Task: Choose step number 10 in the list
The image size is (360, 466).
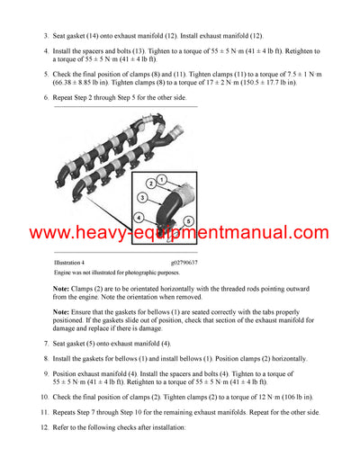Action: point(44,397)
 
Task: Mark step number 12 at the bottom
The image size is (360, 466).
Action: point(44,428)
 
